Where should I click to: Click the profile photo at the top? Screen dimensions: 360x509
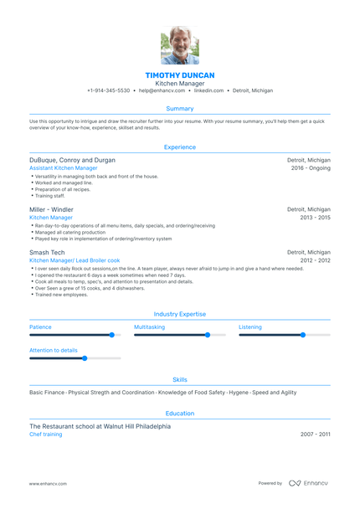(x=180, y=45)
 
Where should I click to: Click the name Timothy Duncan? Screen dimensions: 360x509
(x=180, y=75)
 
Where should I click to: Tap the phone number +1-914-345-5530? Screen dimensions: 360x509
(x=108, y=90)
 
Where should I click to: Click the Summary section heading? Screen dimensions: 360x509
(x=180, y=109)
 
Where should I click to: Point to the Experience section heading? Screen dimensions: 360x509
(x=180, y=147)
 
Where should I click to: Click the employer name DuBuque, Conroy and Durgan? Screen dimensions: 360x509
(x=72, y=160)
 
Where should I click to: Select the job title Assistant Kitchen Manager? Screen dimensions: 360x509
(x=63, y=168)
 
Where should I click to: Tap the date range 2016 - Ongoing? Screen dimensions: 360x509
(x=311, y=168)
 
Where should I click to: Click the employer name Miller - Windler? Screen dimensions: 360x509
(x=51, y=209)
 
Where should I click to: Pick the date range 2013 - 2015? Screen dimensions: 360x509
(x=315, y=218)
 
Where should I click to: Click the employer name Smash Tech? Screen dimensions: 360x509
(x=47, y=252)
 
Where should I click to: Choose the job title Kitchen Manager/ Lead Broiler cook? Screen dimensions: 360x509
(x=75, y=260)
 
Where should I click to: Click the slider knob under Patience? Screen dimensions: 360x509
(x=111, y=335)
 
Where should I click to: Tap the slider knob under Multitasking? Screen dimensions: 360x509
(x=207, y=335)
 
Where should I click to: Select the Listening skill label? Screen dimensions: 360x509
(x=250, y=326)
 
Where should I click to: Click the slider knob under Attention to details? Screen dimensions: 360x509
(x=84, y=358)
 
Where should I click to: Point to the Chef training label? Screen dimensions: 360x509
(x=45, y=434)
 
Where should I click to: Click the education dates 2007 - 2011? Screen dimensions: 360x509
(x=316, y=434)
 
